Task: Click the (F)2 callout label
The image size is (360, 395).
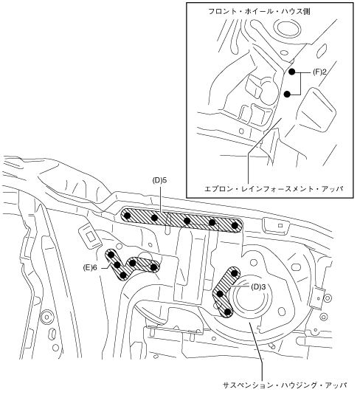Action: point(319,72)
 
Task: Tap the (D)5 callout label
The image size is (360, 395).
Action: point(159,180)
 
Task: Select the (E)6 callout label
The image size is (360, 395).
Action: point(90,268)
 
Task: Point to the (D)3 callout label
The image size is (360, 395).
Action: point(258,286)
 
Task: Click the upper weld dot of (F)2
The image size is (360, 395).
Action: point(292,72)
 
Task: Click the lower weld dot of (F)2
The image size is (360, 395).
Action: point(287,95)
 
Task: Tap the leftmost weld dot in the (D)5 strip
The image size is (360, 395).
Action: point(128,216)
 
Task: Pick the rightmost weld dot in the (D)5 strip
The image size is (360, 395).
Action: point(235,226)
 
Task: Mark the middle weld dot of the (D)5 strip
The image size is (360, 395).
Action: point(187,221)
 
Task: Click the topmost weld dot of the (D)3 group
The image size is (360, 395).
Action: point(235,273)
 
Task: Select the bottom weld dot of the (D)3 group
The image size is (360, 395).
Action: point(227,312)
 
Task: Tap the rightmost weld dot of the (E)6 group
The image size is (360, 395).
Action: point(153,267)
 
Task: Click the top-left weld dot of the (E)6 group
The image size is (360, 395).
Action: point(111,255)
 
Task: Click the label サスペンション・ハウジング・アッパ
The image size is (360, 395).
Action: point(285,385)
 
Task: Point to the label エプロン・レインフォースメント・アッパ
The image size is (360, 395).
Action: point(274,188)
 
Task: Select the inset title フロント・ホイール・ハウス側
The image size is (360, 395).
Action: point(259,11)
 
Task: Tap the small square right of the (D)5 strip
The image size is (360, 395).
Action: point(280,225)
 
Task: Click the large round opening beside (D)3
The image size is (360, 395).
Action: point(252,296)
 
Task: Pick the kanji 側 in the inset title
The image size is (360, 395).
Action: point(307,11)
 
